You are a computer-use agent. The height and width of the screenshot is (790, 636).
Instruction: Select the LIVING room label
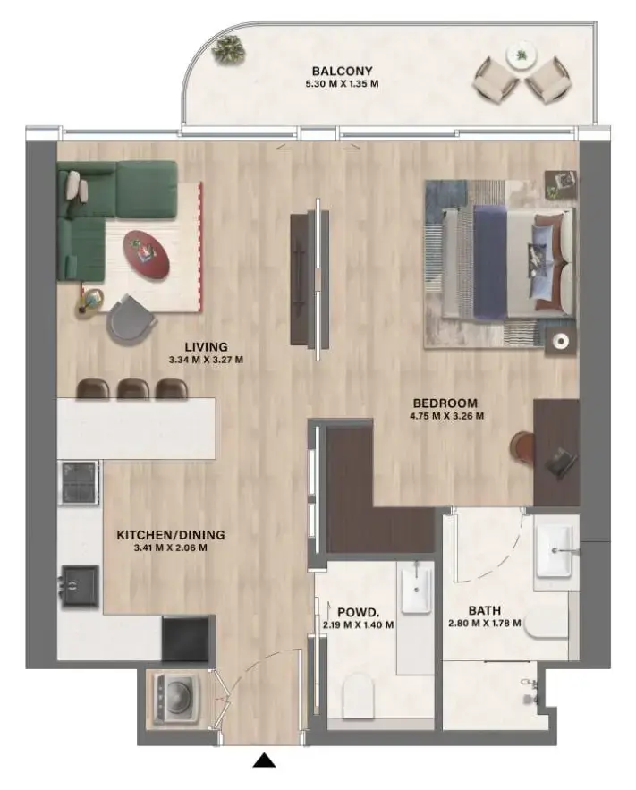click(207, 346)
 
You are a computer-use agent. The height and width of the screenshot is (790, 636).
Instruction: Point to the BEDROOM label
click(445, 403)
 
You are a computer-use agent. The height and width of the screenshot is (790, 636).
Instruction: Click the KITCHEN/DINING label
click(171, 535)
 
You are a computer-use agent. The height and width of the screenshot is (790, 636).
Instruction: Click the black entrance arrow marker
click(263, 760)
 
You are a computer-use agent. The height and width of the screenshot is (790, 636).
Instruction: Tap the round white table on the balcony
click(519, 55)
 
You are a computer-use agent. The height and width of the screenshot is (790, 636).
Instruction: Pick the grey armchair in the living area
click(131, 317)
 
